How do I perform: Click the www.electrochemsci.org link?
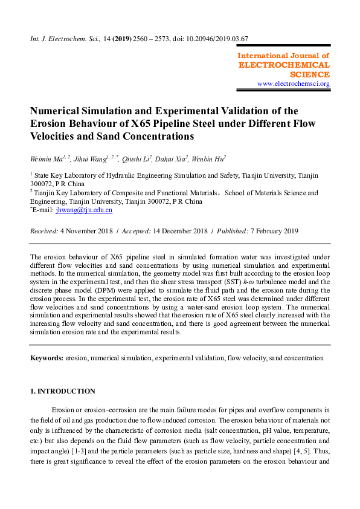click(293, 84)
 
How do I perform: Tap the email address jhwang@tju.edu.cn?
click(84, 210)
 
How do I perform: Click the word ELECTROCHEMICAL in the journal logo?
click(284, 65)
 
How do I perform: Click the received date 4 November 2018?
click(88, 231)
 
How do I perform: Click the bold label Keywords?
click(47, 358)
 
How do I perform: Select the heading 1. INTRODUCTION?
click(63, 391)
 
